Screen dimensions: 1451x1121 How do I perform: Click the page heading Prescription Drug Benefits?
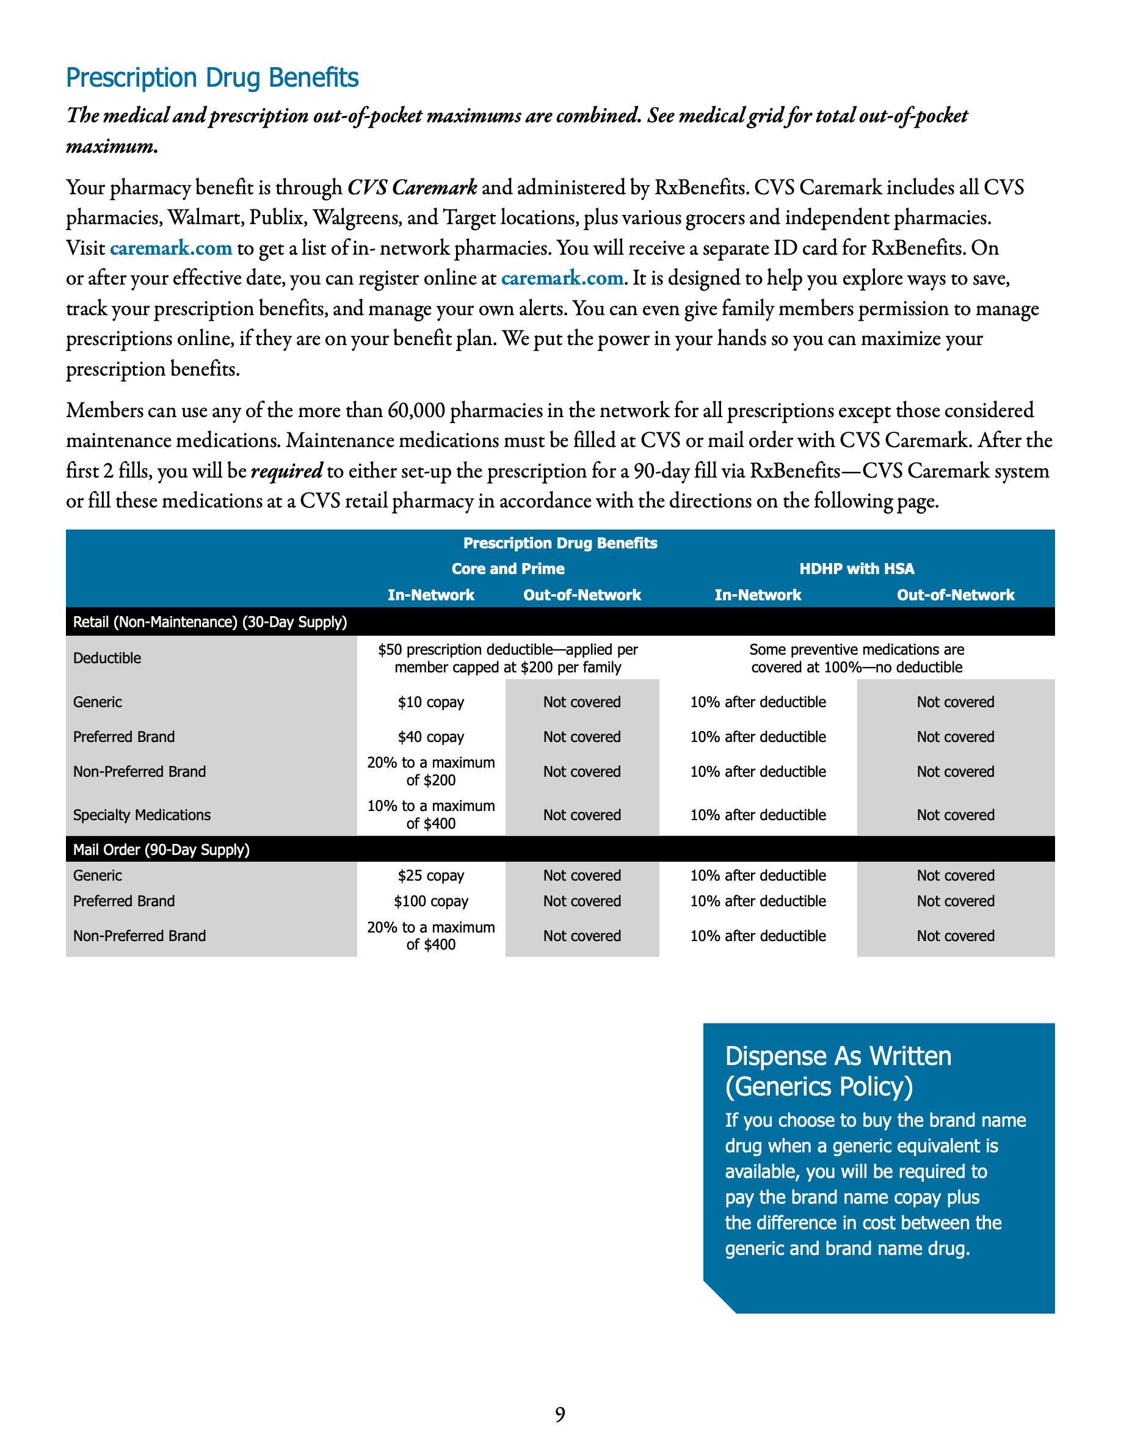212,78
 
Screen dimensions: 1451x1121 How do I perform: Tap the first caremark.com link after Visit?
171,248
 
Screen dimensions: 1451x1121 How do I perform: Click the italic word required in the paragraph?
286,471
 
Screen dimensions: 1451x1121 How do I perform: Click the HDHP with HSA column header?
856,569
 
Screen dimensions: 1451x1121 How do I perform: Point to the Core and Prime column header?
507,569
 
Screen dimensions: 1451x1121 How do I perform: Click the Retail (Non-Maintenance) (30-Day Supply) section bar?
210,622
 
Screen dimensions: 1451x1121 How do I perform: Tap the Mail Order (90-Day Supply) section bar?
161,849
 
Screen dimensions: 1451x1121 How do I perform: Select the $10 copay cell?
430,702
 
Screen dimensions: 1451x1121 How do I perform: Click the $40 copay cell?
430,736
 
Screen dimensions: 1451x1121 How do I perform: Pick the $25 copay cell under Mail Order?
430,876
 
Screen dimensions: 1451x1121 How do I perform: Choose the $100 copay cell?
430,901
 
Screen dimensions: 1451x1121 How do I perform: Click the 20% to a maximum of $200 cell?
430,771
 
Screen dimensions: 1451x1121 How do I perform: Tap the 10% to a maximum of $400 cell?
430,815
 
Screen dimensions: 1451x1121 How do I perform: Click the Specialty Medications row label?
142,815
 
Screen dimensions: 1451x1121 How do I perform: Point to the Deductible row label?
107,658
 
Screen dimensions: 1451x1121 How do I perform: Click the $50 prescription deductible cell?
507,658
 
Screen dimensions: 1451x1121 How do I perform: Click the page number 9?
560,1414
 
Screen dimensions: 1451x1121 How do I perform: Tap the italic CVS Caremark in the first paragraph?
412,188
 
